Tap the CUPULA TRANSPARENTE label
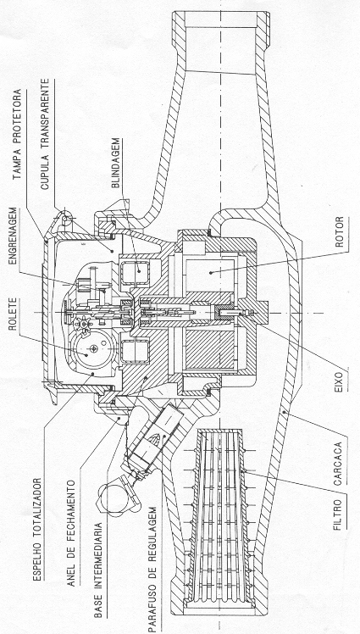pos(45,134)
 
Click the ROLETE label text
pos(14,314)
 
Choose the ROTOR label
pos(341,232)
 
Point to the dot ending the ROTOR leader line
pos(211,273)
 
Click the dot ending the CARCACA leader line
pos(285,412)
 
